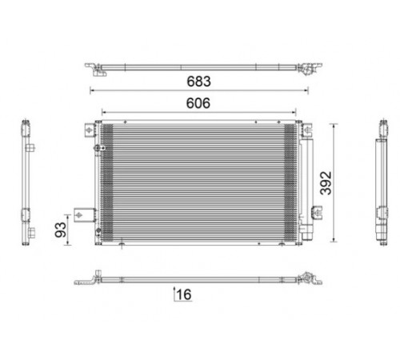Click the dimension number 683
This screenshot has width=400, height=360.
(x=198, y=82)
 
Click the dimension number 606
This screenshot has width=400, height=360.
(x=198, y=103)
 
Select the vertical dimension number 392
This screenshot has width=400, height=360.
(x=326, y=183)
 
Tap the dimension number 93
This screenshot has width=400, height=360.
(x=61, y=230)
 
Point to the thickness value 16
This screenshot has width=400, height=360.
(x=184, y=294)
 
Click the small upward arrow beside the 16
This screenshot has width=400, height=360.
(x=174, y=294)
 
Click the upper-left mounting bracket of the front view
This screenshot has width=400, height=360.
(x=90, y=130)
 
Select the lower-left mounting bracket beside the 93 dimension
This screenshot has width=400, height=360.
(x=85, y=215)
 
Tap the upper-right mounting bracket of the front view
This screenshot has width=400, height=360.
(x=307, y=130)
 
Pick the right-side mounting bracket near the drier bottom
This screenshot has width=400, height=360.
(x=317, y=213)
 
